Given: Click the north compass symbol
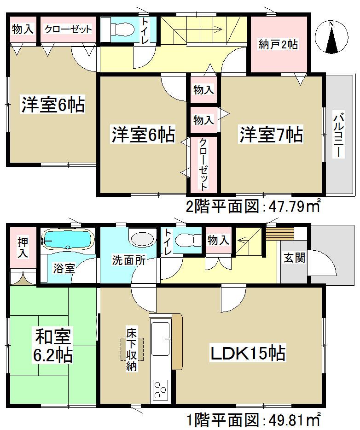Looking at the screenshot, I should coord(331,36).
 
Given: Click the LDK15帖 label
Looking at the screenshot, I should coord(248,353).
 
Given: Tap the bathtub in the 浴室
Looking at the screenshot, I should coord(67,240).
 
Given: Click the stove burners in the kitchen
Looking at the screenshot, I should coord(161,389).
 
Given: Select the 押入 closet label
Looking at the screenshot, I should coord(22,247).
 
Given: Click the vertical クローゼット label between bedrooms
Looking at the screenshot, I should coord(203,164).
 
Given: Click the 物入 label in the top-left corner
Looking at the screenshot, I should coord(22,29).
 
